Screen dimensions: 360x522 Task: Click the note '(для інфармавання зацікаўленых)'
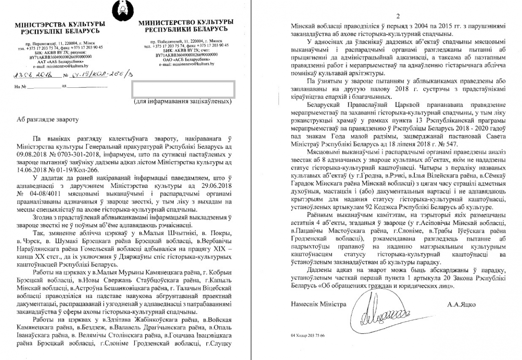tap(183, 101)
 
